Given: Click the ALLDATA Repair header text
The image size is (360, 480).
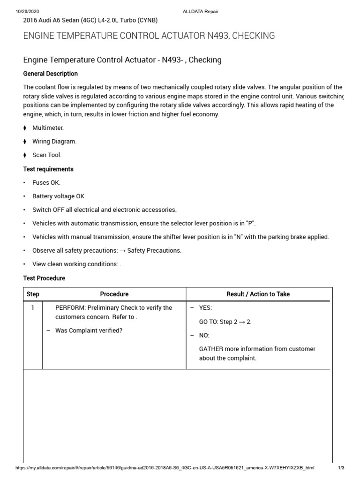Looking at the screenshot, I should pyautogui.click(x=200, y=11).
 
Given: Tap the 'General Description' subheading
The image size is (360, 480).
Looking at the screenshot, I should pyautogui.click(x=51, y=74).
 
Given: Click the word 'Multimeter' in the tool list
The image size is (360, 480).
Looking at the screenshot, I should pyautogui.click(x=48, y=127).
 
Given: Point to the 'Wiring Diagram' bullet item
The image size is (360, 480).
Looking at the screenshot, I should pyautogui.click(x=54, y=141).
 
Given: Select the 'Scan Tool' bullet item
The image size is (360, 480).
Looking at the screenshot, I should pyautogui.click(x=47, y=155).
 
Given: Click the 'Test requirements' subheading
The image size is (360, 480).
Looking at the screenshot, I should pyautogui.click(x=48, y=169).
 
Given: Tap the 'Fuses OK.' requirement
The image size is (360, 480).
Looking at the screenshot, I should pyautogui.click(x=46, y=182).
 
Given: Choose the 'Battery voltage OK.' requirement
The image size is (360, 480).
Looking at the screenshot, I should pyautogui.click(x=59, y=196).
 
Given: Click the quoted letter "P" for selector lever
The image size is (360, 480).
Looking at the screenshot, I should pyautogui.click(x=251, y=223).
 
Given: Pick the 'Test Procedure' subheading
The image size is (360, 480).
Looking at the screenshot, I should pyautogui.click(x=44, y=278).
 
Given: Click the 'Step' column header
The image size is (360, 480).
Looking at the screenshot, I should pyautogui.click(x=33, y=294).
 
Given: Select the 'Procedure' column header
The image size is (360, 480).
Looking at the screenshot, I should pyautogui.click(x=114, y=294).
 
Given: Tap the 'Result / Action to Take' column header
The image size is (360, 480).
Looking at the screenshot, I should pyautogui.click(x=258, y=294).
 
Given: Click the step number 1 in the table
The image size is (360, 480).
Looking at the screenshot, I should pyautogui.click(x=33, y=307).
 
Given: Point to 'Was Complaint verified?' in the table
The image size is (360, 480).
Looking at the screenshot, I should pyautogui.click(x=89, y=330).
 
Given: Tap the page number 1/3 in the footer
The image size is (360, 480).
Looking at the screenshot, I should pyautogui.click(x=341, y=468).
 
